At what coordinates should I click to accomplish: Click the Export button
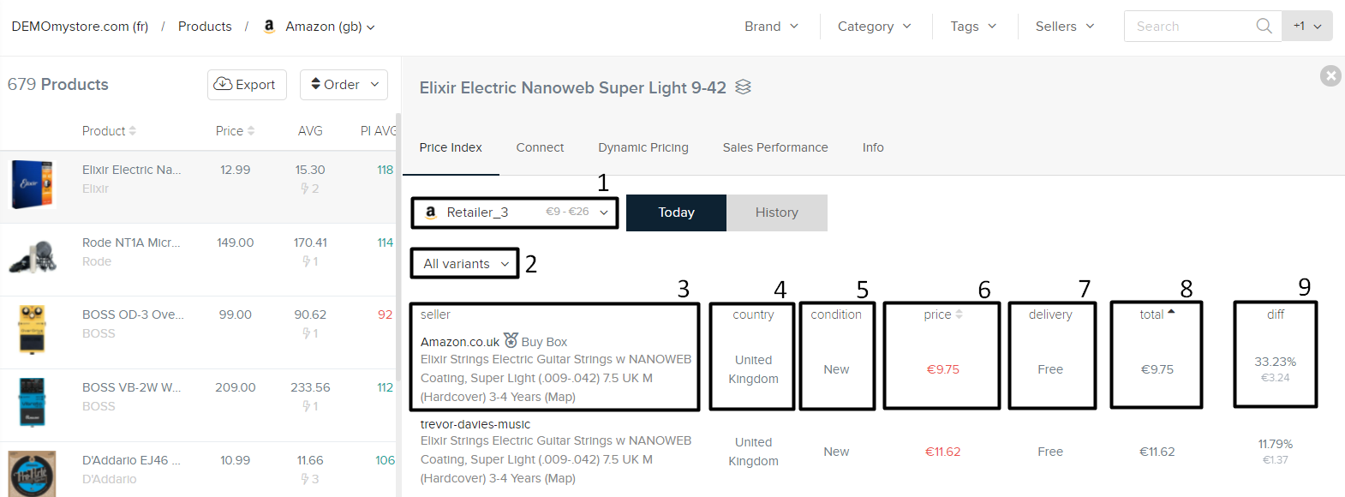tap(247, 85)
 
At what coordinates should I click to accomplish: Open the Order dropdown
tap(344, 85)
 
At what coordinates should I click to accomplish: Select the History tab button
tap(776, 213)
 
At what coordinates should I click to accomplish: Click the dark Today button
tap(676, 213)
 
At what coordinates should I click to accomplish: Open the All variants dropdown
tap(465, 264)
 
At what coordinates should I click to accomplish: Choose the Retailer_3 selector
tap(514, 213)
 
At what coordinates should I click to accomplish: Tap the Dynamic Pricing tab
tap(643, 147)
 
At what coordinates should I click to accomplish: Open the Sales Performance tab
tap(774, 147)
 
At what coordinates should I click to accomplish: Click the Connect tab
tap(540, 147)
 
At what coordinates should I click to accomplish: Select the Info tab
tap(872, 147)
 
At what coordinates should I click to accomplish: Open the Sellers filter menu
tap(1064, 27)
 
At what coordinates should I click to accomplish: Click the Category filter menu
tap(874, 27)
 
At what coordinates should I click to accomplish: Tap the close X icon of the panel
tap(1330, 76)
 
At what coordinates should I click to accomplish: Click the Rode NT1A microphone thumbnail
tap(33, 257)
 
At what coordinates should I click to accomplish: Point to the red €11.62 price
tap(942, 452)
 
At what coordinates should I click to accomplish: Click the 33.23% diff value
tap(1275, 362)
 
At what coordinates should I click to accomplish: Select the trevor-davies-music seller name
tap(475, 424)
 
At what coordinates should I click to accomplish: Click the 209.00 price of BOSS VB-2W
tap(236, 387)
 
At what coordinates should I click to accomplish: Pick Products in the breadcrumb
tap(205, 27)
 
